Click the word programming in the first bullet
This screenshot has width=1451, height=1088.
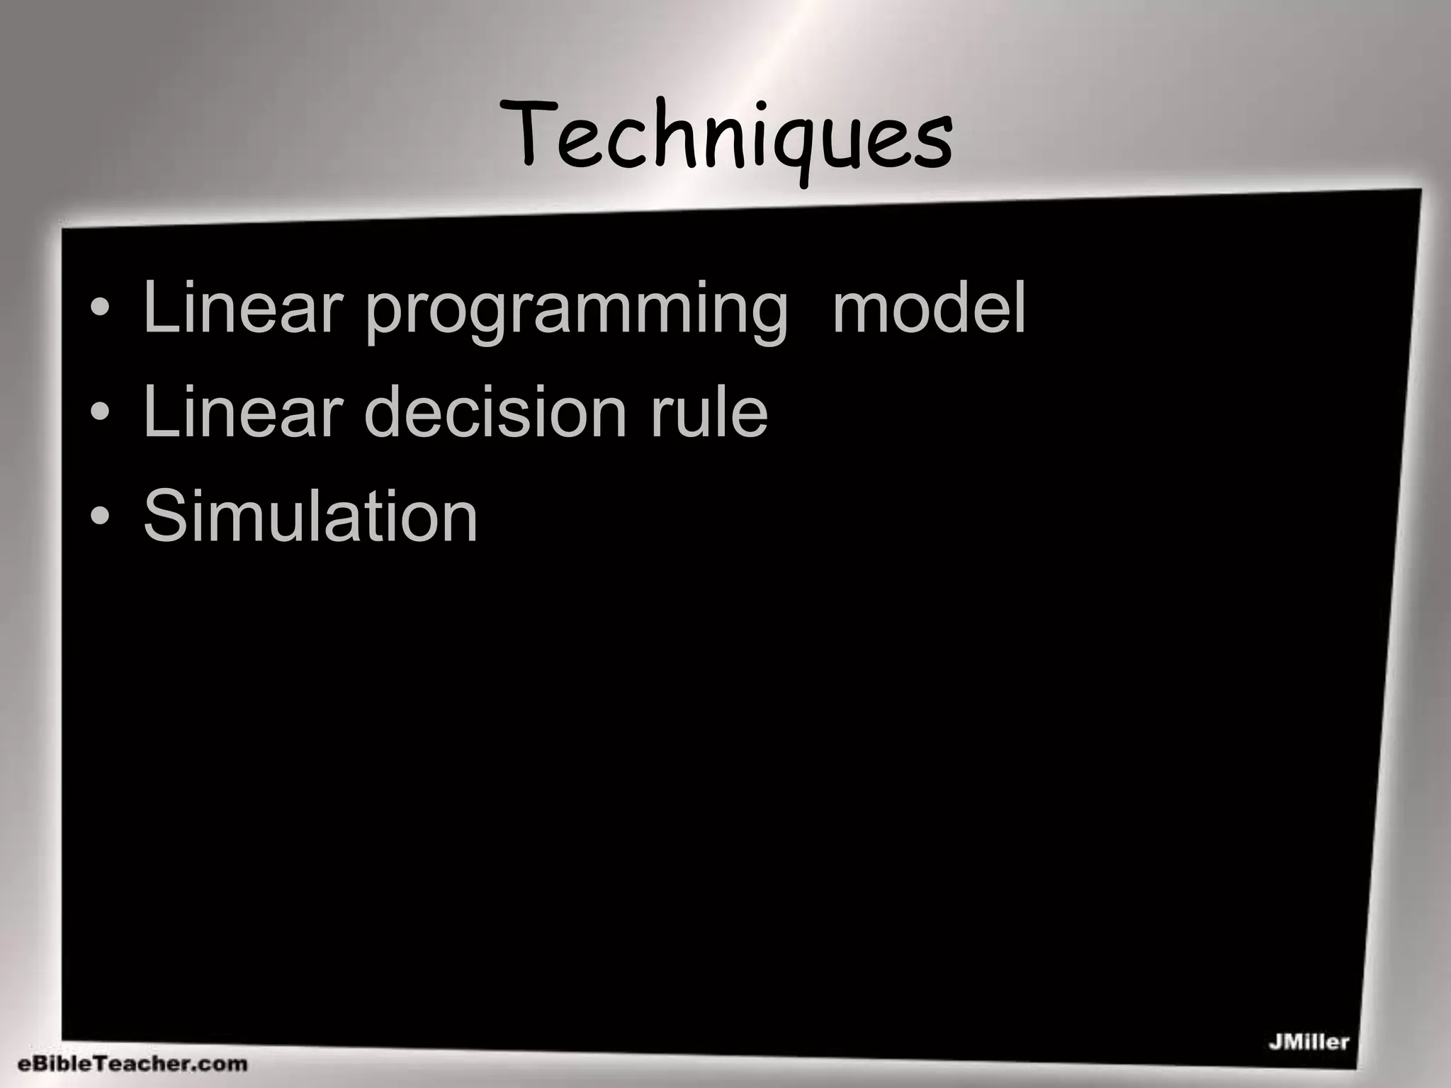click(x=575, y=310)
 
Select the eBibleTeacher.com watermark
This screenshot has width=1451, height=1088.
click(x=132, y=1063)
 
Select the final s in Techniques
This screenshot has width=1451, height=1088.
click(x=932, y=145)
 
